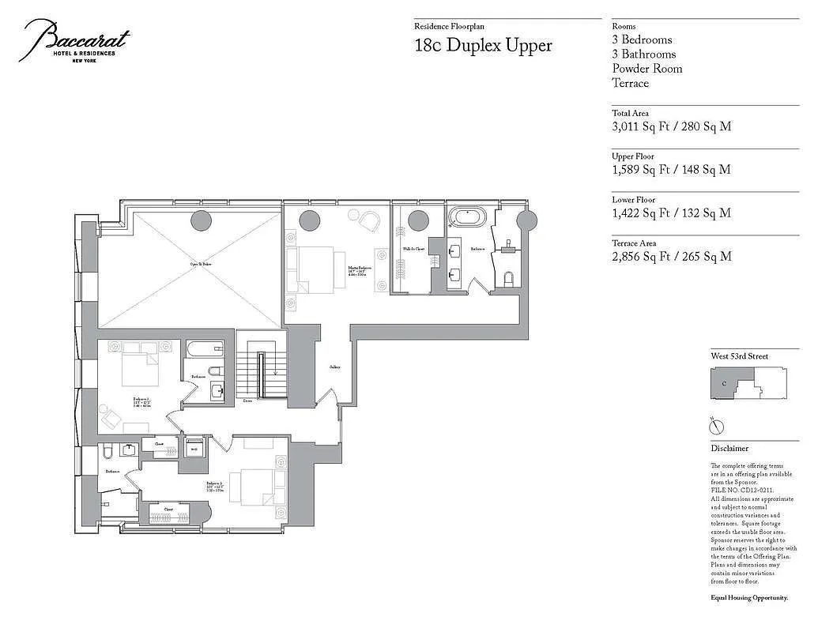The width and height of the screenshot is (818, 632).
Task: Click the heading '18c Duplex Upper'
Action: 483,45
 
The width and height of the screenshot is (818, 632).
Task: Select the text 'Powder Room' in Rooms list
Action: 646,69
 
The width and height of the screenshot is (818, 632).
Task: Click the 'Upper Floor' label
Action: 632,156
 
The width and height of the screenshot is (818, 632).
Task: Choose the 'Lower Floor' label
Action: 633,200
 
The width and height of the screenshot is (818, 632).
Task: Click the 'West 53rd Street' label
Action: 739,356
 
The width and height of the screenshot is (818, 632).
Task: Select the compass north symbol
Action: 718,427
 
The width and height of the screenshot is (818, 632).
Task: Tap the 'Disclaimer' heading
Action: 729,448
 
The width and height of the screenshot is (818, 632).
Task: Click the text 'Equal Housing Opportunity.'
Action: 748,598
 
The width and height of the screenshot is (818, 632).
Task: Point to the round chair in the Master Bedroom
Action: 369,220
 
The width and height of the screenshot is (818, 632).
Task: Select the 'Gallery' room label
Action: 335,367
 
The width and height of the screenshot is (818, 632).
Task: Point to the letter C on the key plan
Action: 724,384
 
